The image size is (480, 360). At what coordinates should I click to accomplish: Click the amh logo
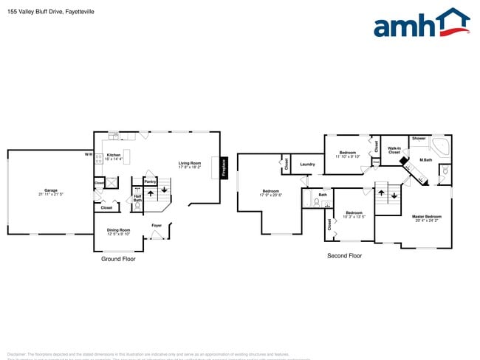[421, 24]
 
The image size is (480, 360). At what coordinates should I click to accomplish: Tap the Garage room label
[51, 190]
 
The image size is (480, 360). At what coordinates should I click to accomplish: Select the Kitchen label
[112, 155]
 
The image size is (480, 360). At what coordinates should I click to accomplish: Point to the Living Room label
[189, 163]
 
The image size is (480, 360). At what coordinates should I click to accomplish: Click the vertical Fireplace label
[224, 167]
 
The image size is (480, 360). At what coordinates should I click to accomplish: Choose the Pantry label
[150, 181]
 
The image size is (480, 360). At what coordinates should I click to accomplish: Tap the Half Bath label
[137, 198]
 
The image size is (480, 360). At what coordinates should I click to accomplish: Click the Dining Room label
[118, 229]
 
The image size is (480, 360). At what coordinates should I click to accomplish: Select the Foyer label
[157, 225]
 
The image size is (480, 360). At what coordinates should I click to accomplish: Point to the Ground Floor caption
[118, 259]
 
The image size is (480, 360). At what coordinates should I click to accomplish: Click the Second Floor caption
[344, 255]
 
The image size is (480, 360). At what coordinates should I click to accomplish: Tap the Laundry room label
[307, 165]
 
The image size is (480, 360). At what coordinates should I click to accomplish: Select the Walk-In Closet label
[394, 150]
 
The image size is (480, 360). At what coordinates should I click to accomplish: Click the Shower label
[419, 138]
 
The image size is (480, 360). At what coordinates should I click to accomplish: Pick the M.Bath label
[425, 160]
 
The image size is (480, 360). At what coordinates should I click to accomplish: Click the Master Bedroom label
[427, 216]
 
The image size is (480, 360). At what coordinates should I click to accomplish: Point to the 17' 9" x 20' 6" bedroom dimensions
[271, 195]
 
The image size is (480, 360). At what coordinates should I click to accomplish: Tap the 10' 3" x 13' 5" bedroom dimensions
[354, 217]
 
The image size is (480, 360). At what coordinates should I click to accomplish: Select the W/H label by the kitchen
[88, 154]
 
